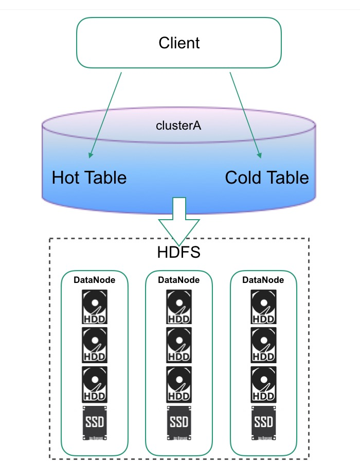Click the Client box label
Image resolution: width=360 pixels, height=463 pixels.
(x=179, y=43)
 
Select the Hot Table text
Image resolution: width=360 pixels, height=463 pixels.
(x=89, y=177)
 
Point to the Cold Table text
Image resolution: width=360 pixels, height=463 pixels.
(x=267, y=177)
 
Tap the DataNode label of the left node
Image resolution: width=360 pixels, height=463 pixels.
(x=94, y=280)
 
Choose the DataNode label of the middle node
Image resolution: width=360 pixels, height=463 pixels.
(x=178, y=280)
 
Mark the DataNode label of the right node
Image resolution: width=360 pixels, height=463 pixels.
(x=263, y=280)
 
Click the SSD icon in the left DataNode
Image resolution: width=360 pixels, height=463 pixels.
(x=94, y=422)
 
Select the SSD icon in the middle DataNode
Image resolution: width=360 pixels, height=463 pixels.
(x=178, y=422)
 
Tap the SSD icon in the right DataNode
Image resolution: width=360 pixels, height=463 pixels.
(x=263, y=422)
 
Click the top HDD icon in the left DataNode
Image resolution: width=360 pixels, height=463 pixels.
(x=94, y=307)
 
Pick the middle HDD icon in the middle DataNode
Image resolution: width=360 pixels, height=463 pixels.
(x=178, y=345)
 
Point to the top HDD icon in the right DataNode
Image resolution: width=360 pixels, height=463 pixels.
(x=263, y=307)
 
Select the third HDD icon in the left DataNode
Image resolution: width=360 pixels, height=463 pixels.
(x=94, y=384)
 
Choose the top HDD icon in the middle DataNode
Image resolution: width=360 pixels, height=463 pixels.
(x=178, y=307)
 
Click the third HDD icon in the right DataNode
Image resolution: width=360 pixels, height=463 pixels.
(x=263, y=384)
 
